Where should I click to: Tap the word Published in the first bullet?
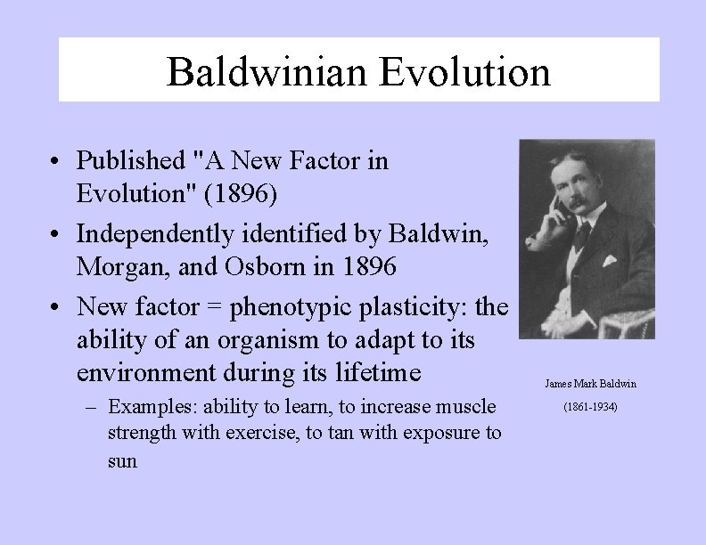click(x=129, y=161)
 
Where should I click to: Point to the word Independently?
click(x=148, y=234)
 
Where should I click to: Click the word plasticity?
click(x=411, y=307)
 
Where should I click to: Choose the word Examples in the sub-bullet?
click(x=152, y=408)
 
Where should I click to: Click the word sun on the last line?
click(x=122, y=462)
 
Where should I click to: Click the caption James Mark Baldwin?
click(x=590, y=384)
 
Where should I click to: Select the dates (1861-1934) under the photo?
click(x=590, y=407)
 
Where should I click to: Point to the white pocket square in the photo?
click(x=610, y=261)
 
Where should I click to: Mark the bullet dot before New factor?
click(x=55, y=308)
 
